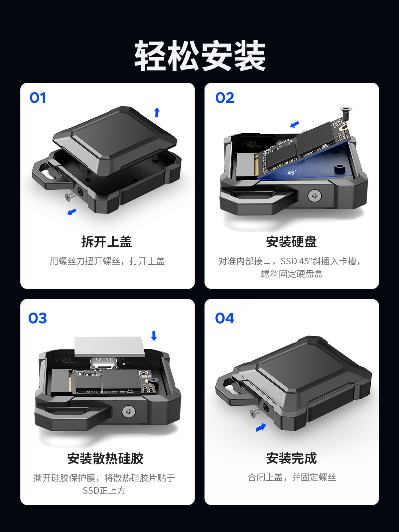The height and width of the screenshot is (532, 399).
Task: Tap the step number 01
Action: click(38, 98)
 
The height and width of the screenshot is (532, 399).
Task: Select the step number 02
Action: click(224, 98)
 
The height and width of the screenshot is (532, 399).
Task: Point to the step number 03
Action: click(38, 318)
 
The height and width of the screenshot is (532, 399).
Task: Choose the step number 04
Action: click(224, 318)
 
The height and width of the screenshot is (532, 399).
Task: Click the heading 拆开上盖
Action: click(107, 242)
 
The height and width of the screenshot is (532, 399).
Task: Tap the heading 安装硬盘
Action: click(292, 242)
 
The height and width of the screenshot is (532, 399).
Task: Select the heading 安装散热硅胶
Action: click(105, 458)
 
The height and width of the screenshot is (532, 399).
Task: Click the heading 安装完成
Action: click(292, 458)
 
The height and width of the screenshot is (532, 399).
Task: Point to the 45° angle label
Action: click(292, 173)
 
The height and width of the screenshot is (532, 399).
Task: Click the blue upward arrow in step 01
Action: click(157, 112)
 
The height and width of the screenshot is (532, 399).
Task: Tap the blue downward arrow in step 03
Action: click(154, 336)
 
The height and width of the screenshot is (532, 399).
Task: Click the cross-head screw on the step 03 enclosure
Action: click(129, 411)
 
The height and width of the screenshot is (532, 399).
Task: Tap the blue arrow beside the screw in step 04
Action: click(261, 427)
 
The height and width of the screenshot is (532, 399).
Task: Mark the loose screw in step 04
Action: click(256, 412)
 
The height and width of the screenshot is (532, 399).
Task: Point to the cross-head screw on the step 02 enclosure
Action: click(315, 196)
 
